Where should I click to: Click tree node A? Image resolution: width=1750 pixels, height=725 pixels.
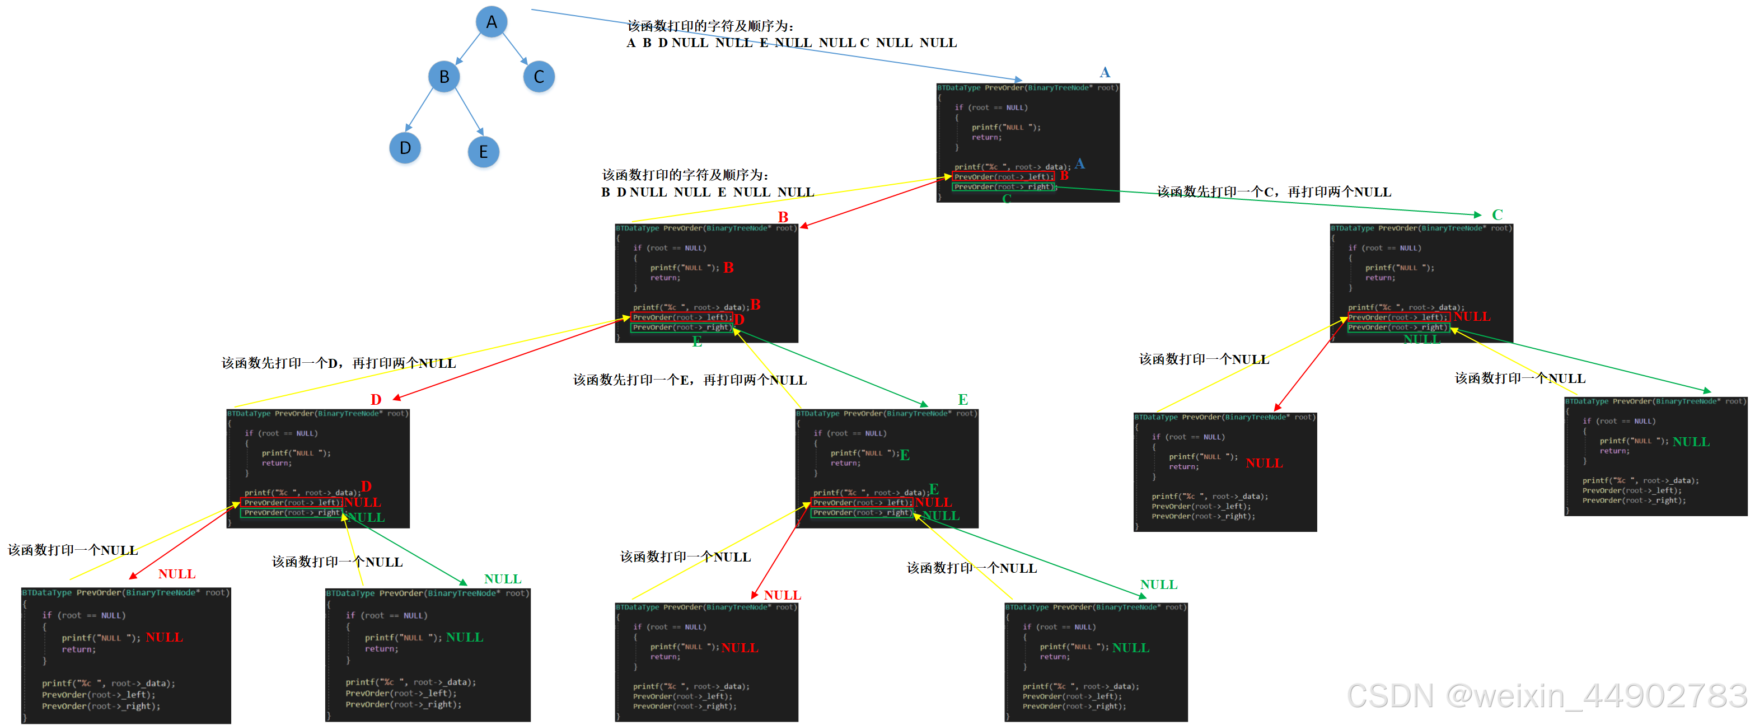coord(491,22)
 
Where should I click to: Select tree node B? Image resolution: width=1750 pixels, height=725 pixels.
coord(443,77)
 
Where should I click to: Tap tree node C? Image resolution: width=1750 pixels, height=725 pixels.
coord(539,77)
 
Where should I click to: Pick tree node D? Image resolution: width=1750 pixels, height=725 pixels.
coord(405,148)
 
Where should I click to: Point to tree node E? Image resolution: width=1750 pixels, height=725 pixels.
coord(483,152)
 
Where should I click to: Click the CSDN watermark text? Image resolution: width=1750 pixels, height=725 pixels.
coord(1546,696)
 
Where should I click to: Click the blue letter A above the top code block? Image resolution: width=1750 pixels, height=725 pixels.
coord(1105,72)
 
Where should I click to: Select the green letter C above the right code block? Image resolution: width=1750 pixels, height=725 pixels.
coord(1498,215)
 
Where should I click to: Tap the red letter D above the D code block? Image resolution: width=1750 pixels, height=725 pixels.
coord(376,400)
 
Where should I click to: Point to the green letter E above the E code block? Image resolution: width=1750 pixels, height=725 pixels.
coord(963,400)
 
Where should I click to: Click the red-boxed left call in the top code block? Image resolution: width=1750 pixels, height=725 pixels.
coord(1003,177)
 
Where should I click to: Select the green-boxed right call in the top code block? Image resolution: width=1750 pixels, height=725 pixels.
coord(1003,187)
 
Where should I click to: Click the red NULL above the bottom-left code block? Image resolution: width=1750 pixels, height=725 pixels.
coord(177,574)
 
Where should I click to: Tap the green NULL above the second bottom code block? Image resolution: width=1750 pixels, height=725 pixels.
coord(503,579)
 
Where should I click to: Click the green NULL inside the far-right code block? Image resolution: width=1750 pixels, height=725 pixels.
coord(1691,442)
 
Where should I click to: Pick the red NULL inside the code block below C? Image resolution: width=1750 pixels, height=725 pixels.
coord(1264,463)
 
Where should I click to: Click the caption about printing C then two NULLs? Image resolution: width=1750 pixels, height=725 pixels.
coord(1274,192)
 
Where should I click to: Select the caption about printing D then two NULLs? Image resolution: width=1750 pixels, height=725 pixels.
coord(338,363)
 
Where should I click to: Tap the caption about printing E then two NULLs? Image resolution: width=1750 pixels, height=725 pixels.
coord(690,380)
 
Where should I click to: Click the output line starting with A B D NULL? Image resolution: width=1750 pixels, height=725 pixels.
coord(792,43)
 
